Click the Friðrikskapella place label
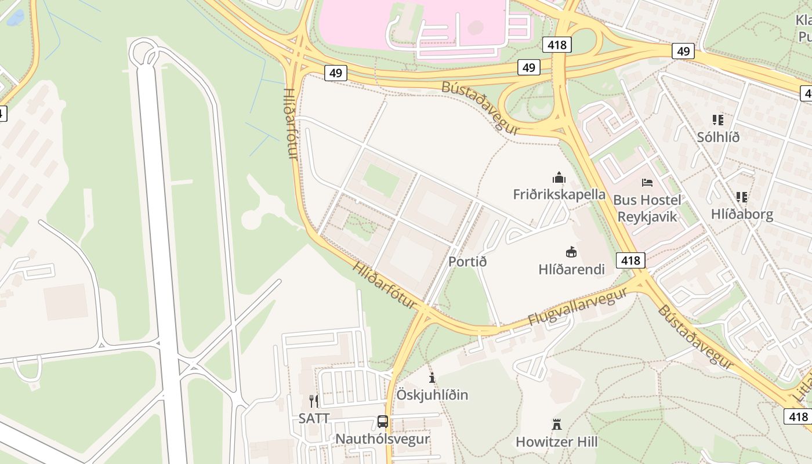[559, 194]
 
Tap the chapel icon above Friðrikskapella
[559, 177]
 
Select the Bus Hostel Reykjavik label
[647, 208]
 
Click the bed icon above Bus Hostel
[647, 183]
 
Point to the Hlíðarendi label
[571, 269]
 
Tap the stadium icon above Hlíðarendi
[571, 252]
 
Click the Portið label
[467, 262]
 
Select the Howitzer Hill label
[556, 442]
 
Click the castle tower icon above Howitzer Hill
[557, 425]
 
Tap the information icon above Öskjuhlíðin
[432, 378]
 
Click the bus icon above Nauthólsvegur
[383, 422]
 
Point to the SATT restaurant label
[314, 418]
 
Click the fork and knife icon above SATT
[314, 401]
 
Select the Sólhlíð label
[718, 137]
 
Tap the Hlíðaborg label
[742, 215]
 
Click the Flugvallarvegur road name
[577, 306]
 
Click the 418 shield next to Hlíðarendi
[630, 260]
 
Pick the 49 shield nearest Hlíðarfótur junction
[335, 72]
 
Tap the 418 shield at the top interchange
[557, 45]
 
